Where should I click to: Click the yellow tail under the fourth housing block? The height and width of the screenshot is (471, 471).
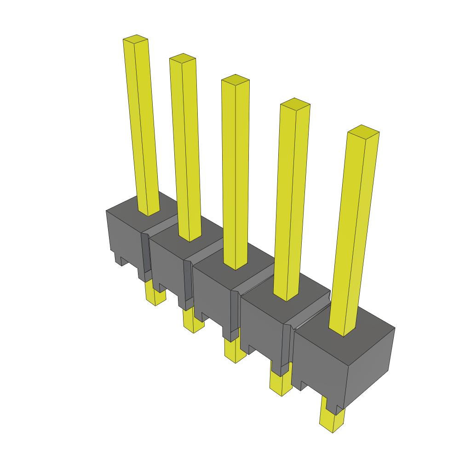click(280, 384)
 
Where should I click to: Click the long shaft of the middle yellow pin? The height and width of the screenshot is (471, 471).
click(235, 175)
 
